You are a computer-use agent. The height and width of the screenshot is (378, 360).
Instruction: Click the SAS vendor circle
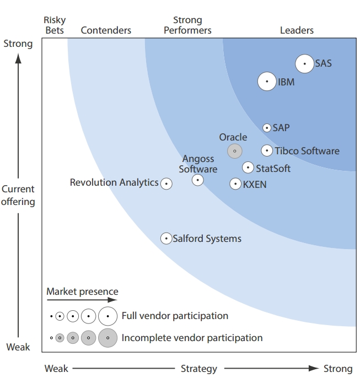tap(304, 64)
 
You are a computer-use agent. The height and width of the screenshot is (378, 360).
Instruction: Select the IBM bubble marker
tap(267, 82)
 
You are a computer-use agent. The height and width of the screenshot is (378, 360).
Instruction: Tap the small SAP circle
tap(267, 128)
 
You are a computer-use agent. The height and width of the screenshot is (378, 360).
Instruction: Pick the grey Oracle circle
tap(235, 151)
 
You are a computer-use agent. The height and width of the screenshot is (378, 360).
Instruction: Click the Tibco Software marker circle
tap(267, 150)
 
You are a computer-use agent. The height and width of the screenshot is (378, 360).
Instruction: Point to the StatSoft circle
tap(248, 168)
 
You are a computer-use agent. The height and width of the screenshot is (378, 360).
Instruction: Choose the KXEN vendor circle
tap(235, 184)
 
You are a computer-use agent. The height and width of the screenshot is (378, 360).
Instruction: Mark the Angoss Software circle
tap(198, 180)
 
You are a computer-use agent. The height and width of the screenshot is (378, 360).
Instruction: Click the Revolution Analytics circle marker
tap(166, 183)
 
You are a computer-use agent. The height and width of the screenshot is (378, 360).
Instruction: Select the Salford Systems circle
tap(166, 239)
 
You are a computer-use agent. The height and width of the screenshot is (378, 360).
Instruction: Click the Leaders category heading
tap(297, 30)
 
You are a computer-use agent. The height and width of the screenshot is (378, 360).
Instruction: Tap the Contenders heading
tap(106, 30)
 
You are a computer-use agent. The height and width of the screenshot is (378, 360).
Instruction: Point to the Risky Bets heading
tap(55, 25)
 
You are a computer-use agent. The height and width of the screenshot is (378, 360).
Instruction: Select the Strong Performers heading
tap(187, 25)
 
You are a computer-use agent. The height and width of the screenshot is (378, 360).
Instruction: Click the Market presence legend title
tap(82, 291)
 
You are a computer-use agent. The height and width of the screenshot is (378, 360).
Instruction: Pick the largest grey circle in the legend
tap(108, 338)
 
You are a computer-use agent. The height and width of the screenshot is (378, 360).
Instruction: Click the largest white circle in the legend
tap(108, 316)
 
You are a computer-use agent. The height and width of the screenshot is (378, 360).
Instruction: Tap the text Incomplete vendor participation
tap(192, 338)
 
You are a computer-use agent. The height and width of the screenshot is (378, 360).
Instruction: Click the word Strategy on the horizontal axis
tap(199, 369)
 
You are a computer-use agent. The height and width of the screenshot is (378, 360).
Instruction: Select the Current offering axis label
tap(18, 195)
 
